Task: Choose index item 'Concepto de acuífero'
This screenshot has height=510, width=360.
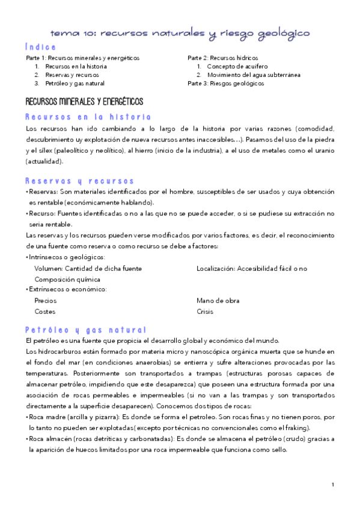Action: click(x=237, y=66)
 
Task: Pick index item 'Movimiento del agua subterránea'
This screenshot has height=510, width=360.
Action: click(x=254, y=75)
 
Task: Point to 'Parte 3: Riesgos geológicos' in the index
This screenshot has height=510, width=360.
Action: click(x=225, y=84)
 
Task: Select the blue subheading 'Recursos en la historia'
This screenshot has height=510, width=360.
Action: click(x=88, y=117)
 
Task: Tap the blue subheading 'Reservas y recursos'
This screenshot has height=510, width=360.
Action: click(x=80, y=181)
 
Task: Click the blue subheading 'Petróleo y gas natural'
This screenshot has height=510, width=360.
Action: click(x=86, y=330)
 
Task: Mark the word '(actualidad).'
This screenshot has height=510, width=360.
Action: click(x=44, y=162)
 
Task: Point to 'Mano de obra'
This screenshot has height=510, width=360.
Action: click(x=213, y=300)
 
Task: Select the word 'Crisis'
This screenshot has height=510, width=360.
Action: click(x=205, y=312)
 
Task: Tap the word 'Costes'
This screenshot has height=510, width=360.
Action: click(x=45, y=312)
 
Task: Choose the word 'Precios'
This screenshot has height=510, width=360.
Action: click(x=46, y=300)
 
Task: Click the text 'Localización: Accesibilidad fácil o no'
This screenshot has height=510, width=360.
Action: click(x=251, y=268)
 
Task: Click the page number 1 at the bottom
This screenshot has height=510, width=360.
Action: click(x=332, y=485)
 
